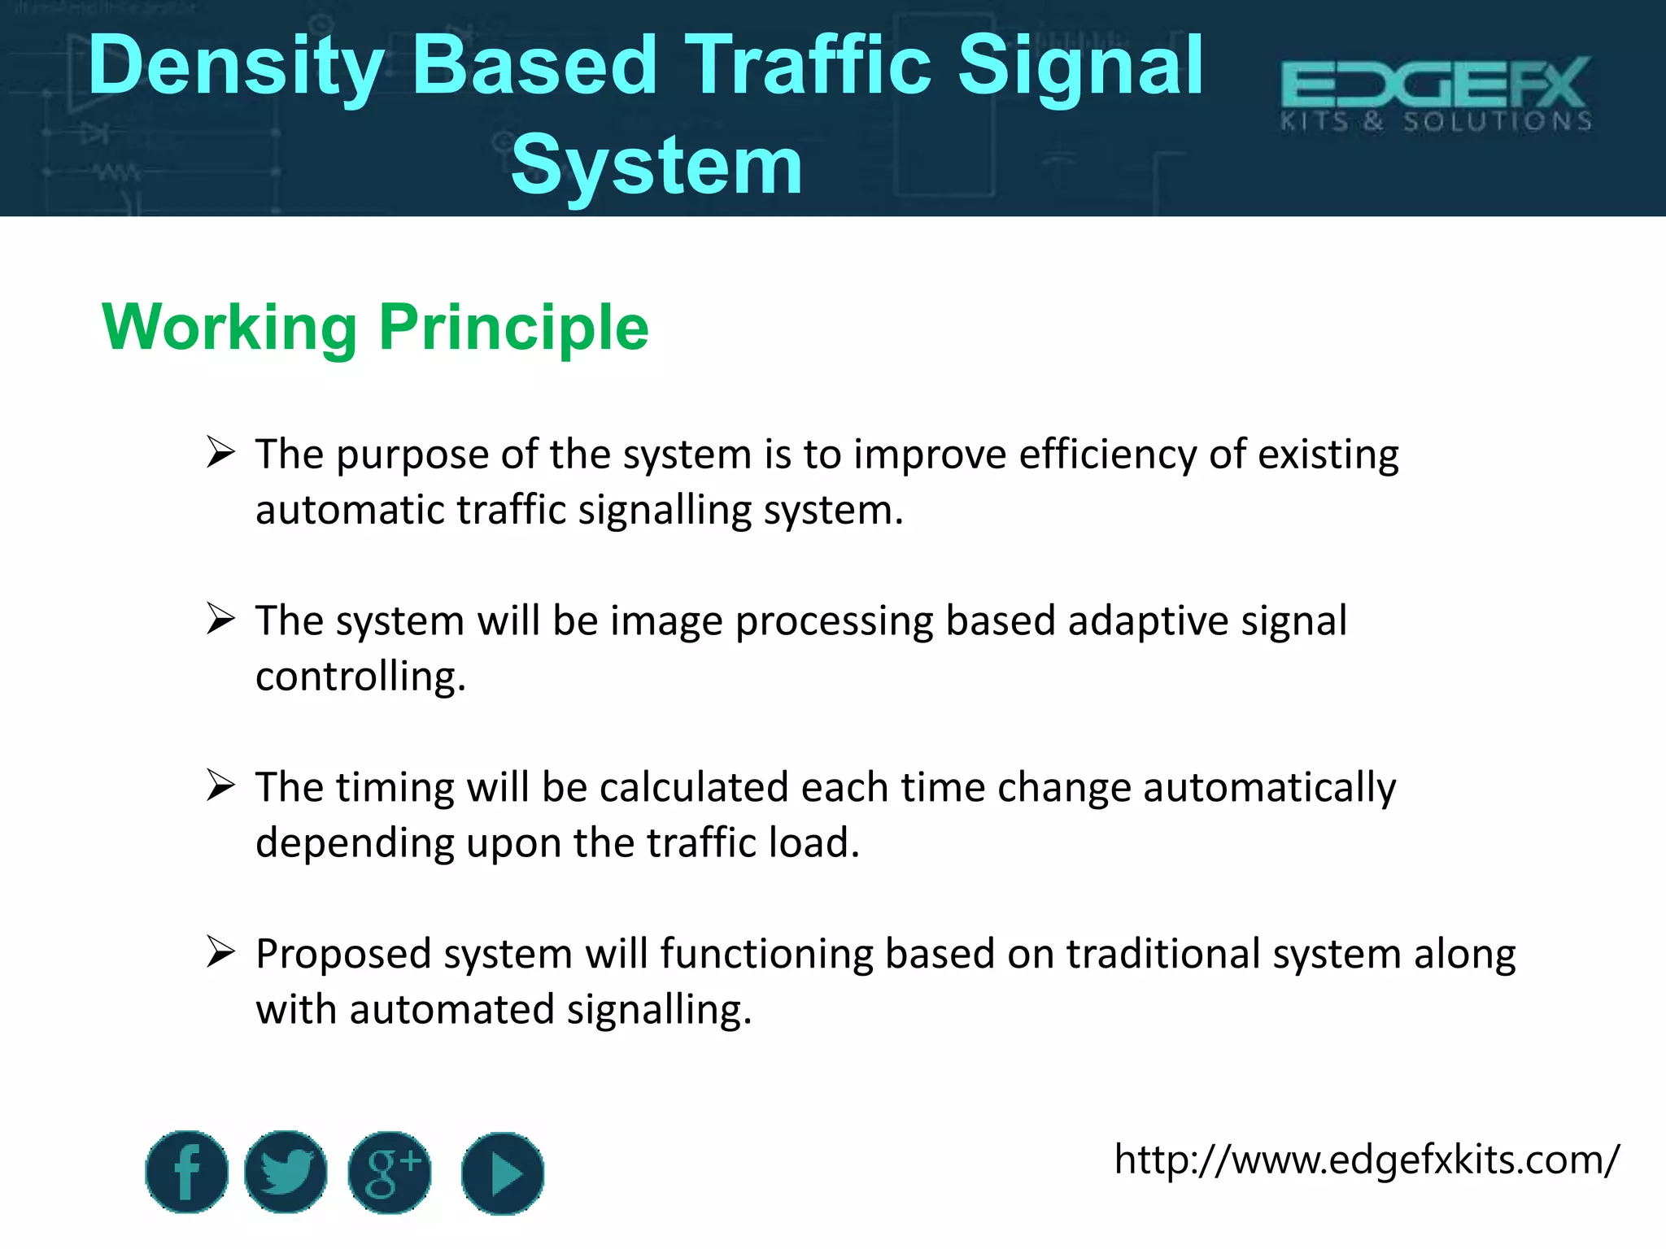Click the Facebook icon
pos(187,1172)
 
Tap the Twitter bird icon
pos(286,1172)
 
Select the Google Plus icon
pos(390,1172)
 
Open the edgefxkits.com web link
pos(1367,1160)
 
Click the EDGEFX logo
pos(1436,93)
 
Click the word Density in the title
pos(236,67)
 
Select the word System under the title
pos(656,166)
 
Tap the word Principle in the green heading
pos(513,328)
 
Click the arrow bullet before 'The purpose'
pos(220,452)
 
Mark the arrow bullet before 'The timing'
pos(220,786)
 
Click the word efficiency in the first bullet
pos(1107,455)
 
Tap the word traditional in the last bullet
pos(1163,954)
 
